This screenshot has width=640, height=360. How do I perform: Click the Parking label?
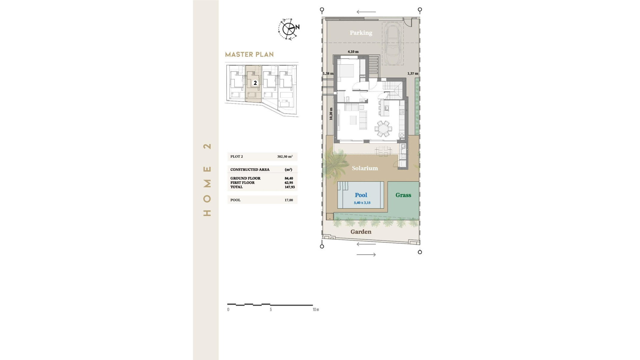[361, 33]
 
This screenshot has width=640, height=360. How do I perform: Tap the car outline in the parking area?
[393, 43]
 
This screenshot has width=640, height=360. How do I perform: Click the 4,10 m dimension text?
[353, 52]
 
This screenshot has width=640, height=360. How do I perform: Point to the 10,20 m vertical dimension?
[331, 114]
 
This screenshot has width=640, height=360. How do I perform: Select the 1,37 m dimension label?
[413, 73]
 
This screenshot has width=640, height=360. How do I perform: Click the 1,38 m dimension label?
[328, 73]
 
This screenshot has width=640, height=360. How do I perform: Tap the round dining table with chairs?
[383, 129]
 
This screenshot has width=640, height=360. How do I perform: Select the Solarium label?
[365, 168]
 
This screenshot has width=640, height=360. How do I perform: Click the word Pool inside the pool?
[361, 195]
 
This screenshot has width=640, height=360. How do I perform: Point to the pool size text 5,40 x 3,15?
[362, 203]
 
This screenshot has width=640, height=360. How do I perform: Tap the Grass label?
[403, 195]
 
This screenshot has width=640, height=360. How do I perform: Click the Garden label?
[361, 232]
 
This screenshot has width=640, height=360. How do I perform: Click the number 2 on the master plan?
[255, 83]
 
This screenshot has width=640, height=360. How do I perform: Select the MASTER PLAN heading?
[249, 54]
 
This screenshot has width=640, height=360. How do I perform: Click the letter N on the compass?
[297, 27]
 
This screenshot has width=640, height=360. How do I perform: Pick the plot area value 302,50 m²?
[285, 156]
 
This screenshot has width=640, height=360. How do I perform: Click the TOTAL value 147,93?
[289, 187]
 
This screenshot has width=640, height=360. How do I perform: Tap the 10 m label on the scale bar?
[315, 310]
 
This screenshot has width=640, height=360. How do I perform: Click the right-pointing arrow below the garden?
[366, 255]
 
